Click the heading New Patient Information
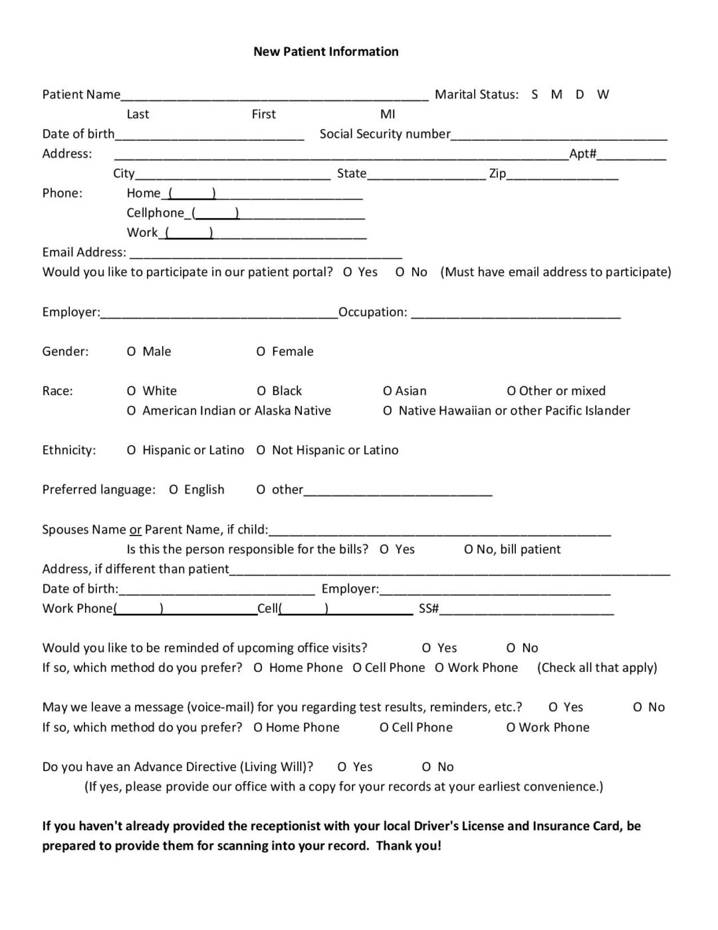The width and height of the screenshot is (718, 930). (326, 52)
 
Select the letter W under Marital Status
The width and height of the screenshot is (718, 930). (602, 94)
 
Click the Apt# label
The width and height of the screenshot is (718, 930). (582, 154)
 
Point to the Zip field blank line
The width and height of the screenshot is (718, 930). (562, 175)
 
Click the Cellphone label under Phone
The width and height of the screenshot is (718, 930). (155, 213)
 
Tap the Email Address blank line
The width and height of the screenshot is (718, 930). (266, 253)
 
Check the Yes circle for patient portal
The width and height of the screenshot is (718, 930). (348, 272)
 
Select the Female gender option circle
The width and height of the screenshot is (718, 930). (261, 351)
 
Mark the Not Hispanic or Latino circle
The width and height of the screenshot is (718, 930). (261, 450)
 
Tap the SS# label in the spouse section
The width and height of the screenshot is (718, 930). (428, 609)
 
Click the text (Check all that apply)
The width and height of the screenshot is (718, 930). (596, 668)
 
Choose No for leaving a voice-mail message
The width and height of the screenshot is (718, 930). (638, 707)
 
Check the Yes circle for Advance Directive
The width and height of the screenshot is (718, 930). (342, 767)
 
